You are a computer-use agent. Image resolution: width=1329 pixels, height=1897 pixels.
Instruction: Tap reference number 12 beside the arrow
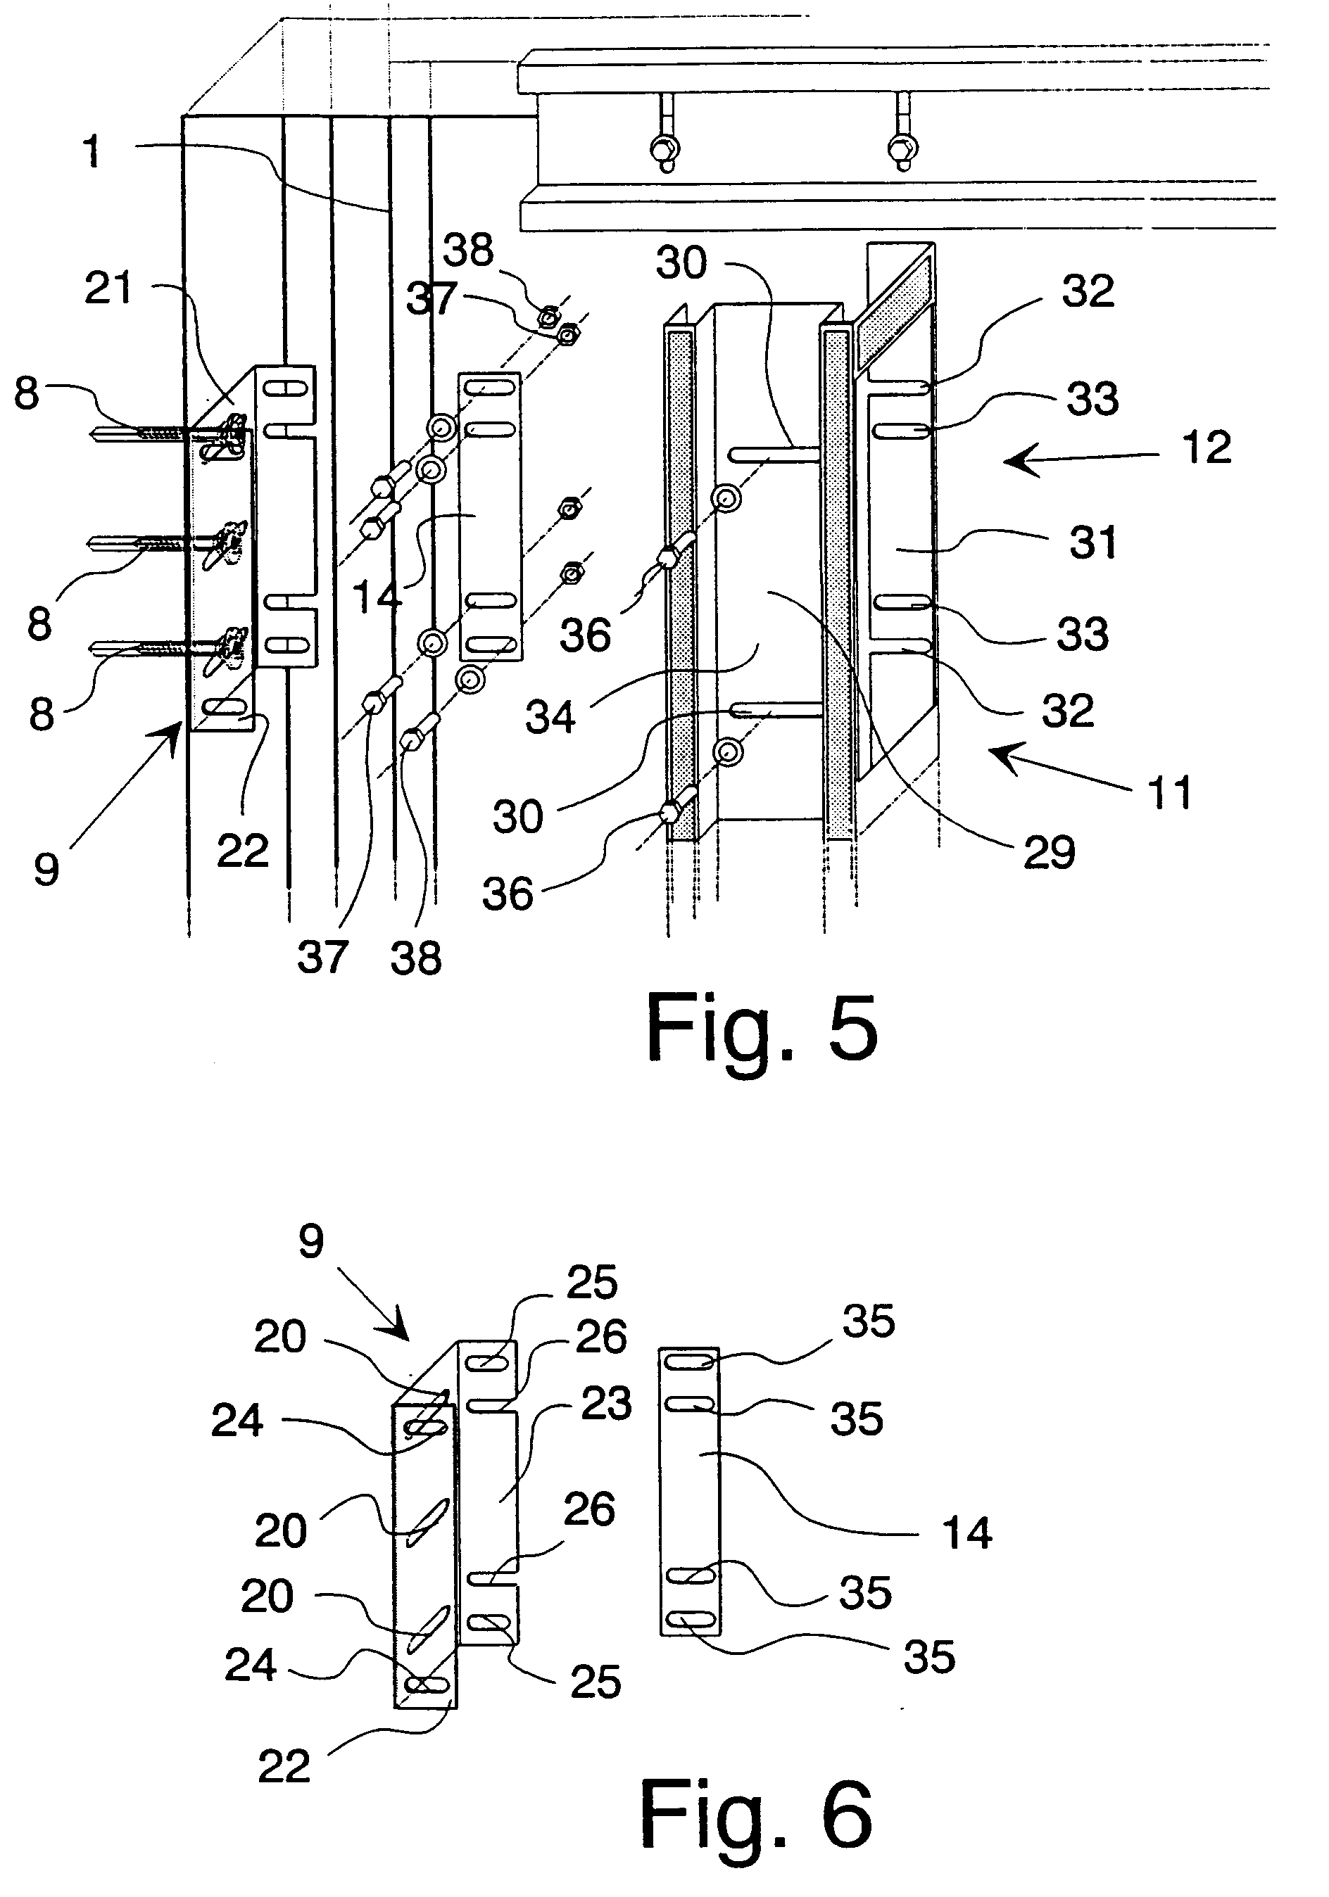coord(1206,448)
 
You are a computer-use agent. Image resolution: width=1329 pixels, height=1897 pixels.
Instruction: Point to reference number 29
coord(1049,852)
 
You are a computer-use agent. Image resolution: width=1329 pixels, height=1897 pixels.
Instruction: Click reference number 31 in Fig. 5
coord(1092,543)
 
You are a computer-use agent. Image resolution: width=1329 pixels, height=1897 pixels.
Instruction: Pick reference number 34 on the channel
coord(550,716)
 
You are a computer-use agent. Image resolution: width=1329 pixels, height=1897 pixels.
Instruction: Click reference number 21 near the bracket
coord(108,288)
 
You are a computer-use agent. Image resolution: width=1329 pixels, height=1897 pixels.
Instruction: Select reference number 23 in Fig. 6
coord(606,1403)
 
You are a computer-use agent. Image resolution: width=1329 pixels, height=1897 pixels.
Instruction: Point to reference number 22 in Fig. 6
coord(284,1766)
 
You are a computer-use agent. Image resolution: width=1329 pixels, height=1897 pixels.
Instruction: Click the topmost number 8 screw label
coord(27,393)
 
